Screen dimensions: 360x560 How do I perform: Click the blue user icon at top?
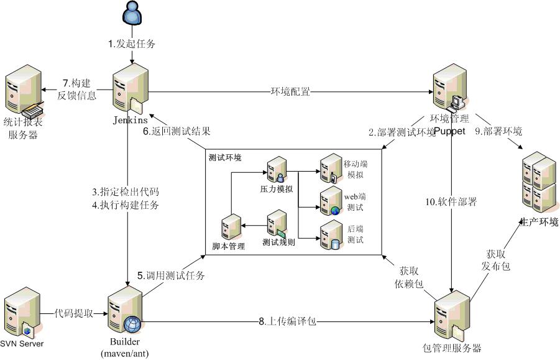pos(131,16)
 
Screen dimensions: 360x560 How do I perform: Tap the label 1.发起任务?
pos(131,44)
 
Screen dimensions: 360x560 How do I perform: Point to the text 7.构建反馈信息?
pos(79,89)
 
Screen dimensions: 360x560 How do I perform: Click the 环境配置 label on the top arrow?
pos(290,92)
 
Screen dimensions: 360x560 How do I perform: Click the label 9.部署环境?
pos(498,132)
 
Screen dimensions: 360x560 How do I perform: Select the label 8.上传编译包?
pos(288,321)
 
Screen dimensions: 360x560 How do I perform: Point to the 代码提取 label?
pos(73,314)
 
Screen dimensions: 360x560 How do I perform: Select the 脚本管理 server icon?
pos(232,227)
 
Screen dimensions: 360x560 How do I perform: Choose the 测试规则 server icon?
pos(277,223)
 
